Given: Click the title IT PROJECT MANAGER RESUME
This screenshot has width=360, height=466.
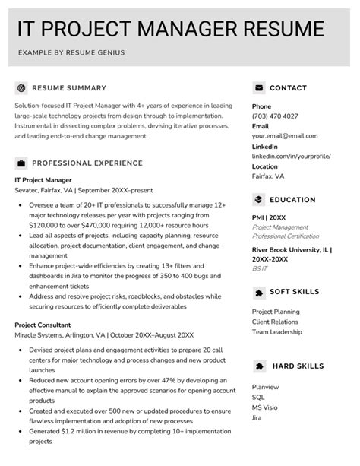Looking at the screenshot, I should pyautogui.click(x=170, y=29).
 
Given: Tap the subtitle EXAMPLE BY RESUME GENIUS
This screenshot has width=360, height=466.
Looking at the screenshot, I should pyautogui.click(x=72, y=52).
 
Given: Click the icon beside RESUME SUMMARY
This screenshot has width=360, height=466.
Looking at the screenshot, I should pyautogui.click(x=21, y=87).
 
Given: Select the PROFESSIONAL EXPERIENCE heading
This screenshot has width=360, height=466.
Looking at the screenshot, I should pyautogui.click(x=87, y=163).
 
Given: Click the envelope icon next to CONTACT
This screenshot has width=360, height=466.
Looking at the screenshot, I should pyautogui.click(x=259, y=87).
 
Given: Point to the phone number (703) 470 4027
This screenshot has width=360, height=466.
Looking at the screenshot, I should pyautogui.click(x=275, y=116).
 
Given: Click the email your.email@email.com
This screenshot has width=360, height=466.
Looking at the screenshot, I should pyautogui.click(x=285, y=136).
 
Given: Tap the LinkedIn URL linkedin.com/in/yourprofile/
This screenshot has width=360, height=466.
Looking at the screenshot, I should pyautogui.click(x=291, y=156).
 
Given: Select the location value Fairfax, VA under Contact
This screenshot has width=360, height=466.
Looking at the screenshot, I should pyautogui.click(x=268, y=176).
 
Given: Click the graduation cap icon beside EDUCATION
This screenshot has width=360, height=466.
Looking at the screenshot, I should pyautogui.click(x=259, y=200).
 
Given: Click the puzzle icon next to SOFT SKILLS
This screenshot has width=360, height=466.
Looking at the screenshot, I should pyautogui.click(x=259, y=292).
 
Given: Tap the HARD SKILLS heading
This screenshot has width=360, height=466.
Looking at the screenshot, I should pyautogui.click(x=297, y=366).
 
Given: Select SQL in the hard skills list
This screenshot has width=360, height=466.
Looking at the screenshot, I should pyautogui.click(x=258, y=397).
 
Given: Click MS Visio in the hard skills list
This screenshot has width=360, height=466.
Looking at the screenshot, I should pyautogui.click(x=265, y=407).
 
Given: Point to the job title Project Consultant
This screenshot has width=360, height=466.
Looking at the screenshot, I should pyautogui.click(x=43, y=325).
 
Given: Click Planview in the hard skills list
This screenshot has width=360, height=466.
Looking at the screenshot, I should pyautogui.click(x=265, y=386).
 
